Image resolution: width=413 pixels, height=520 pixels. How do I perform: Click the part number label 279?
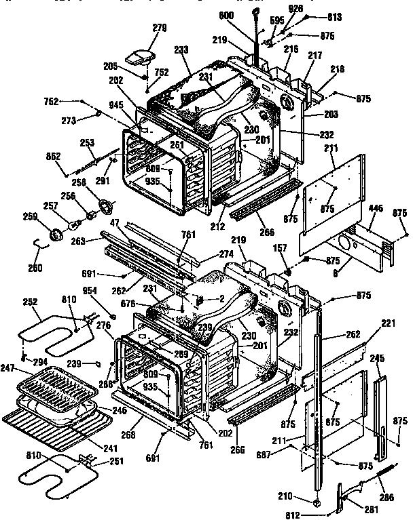click(159, 28)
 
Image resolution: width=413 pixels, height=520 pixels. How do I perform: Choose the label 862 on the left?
click(54, 155)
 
